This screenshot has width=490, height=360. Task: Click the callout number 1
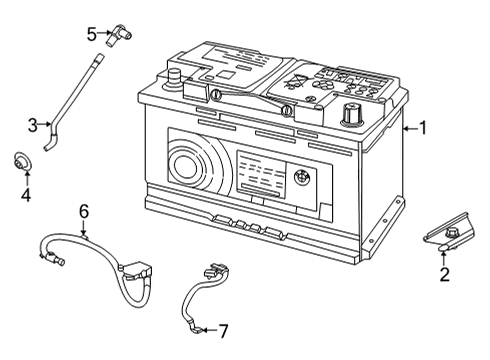(423, 128)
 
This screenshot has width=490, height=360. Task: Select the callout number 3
(33, 125)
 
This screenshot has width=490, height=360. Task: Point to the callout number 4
(26, 196)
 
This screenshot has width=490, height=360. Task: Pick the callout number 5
(91, 34)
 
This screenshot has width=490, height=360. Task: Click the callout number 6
(84, 211)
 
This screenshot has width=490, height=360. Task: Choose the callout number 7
(224, 330)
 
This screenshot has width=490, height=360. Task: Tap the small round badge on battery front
(299, 185)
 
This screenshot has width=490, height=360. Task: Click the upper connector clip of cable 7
(210, 270)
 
